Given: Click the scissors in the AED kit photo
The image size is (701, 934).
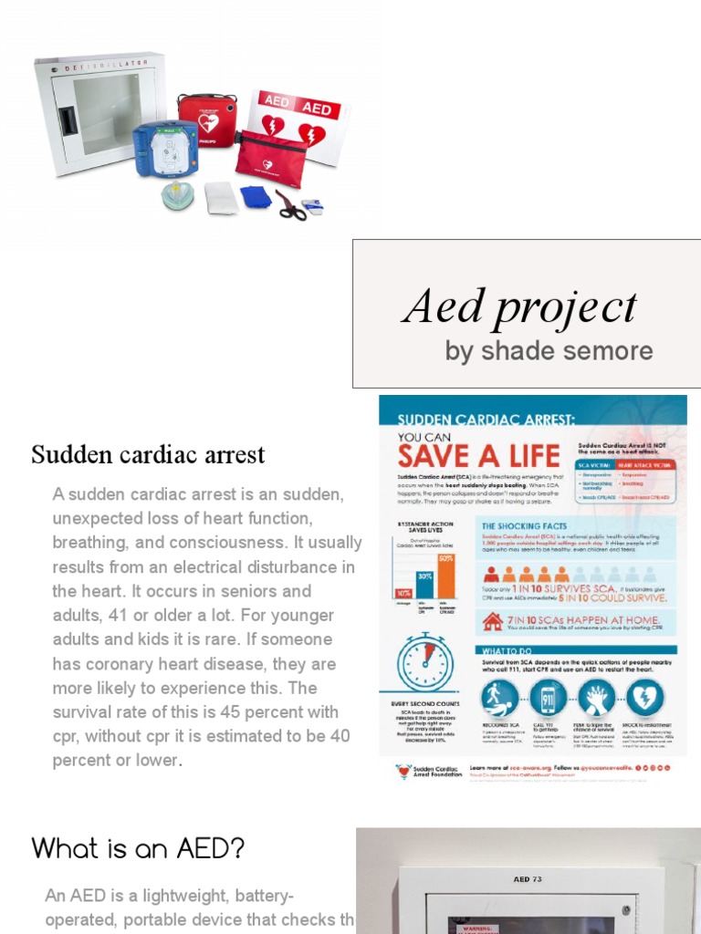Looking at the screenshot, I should tap(291, 207).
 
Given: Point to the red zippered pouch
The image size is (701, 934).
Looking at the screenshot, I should tap(270, 160).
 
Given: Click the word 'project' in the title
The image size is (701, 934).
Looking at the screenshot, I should tap(567, 307).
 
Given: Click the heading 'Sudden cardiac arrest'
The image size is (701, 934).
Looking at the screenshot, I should tap(149, 454).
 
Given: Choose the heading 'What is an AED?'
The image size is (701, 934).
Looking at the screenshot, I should tap(139, 848).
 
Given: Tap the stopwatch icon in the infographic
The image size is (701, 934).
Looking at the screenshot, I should tap(424, 661).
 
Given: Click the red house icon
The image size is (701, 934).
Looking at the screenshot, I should tap(493, 623).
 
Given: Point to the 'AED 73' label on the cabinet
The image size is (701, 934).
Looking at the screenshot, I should tap(528, 879).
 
